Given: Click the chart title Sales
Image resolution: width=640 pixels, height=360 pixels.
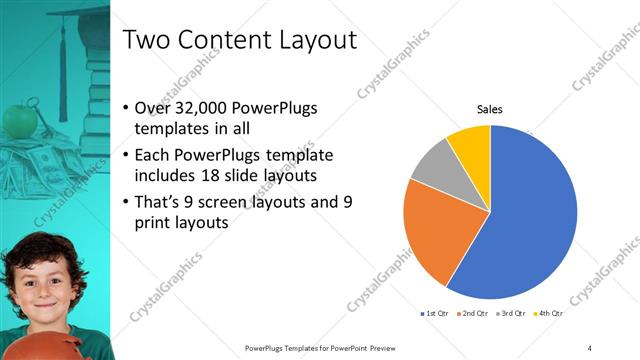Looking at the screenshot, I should coord(489,109).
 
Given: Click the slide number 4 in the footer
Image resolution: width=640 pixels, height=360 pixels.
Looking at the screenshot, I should coord(590,347).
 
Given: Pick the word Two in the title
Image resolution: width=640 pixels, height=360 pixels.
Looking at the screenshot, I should coord(144,41).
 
